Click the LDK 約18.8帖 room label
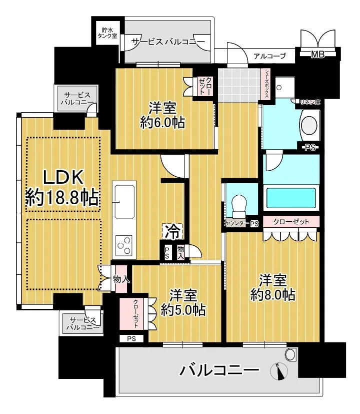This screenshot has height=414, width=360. [x=62, y=188]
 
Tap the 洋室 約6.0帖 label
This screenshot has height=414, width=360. [x=162, y=115]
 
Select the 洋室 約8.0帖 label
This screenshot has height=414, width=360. [x=272, y=287]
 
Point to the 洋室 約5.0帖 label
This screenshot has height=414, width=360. [x=183, y=302]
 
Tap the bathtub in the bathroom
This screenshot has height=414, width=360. [x=291, y=198]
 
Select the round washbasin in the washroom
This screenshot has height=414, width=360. [x=309, y=125]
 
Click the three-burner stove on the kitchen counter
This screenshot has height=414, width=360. [x=124, y=245]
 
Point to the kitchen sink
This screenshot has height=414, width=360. [x=124, y=201]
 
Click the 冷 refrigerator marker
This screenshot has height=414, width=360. [x=172, y=231]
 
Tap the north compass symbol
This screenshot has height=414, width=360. [x=279, y=371]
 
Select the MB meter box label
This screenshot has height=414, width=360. [x=318, y=55]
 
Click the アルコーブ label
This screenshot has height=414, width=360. [x=269, y=56]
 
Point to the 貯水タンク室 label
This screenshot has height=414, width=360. [x=107, y=33]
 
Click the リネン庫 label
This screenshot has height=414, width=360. [x=310, y=102]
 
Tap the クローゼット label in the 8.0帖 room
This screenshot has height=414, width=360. [x=291, y=222]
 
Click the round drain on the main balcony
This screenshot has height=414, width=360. [x=291, y=354]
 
